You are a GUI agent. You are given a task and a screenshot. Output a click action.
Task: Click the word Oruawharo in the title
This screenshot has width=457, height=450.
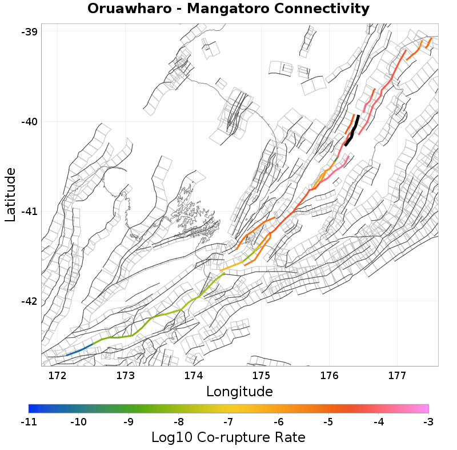pyautogui.click(x=128, y=9)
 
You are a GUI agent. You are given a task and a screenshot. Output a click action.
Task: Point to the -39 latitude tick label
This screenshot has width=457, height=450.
pyautogui.click(x=29, y=32)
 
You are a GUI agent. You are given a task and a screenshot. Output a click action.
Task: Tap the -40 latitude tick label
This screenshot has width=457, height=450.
pyautogui.click(x=29, y=122)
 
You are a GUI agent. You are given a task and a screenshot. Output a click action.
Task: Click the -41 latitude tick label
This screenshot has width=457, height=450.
pyautogui.click(x=29, y=212)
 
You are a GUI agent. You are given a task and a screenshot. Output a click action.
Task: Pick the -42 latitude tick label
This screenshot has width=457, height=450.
pyautogui.click(x=29, y=301)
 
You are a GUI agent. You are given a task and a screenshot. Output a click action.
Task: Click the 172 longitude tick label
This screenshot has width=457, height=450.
pyautogui.click(x=58, y=376)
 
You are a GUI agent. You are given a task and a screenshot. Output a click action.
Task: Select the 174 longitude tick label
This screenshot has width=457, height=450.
pyautogui.click(x=193, y=376)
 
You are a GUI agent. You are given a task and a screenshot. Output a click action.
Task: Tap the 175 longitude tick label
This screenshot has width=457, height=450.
pyautogui.click(x=261, y=376)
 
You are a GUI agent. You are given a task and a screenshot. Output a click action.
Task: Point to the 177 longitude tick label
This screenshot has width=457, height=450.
pyautogui.click(x=397, y=376)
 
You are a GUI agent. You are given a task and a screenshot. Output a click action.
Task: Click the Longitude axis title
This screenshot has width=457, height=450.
pyautogui.click(x=239, y=392)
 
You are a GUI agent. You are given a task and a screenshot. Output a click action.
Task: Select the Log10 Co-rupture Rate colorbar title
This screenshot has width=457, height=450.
pyautogui.click(x=228, y=437)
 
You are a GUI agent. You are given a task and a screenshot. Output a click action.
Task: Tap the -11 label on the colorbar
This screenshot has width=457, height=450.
pyautogui.click(x=29, y=422)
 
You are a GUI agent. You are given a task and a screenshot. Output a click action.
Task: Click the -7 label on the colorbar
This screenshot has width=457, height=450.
pyautogui.click(x=228, y=422)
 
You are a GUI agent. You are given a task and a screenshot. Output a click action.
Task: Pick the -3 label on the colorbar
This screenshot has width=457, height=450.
pyautogui.click(x=428, y=422)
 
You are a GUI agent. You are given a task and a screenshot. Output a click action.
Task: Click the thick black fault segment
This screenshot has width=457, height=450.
pyautogui.click(x=352, y=131)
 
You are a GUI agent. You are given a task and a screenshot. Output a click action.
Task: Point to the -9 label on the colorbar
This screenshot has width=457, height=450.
pyautogui.click(x=129, y=422)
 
